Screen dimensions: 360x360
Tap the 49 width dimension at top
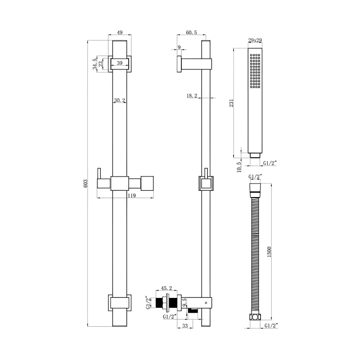120,32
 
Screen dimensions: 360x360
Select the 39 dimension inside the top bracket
120,63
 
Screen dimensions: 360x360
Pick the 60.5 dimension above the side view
191,32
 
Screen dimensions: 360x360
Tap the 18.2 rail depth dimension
192,95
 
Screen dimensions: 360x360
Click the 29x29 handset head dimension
255,40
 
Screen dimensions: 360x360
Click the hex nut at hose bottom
255,317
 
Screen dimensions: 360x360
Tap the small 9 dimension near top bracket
180,48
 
